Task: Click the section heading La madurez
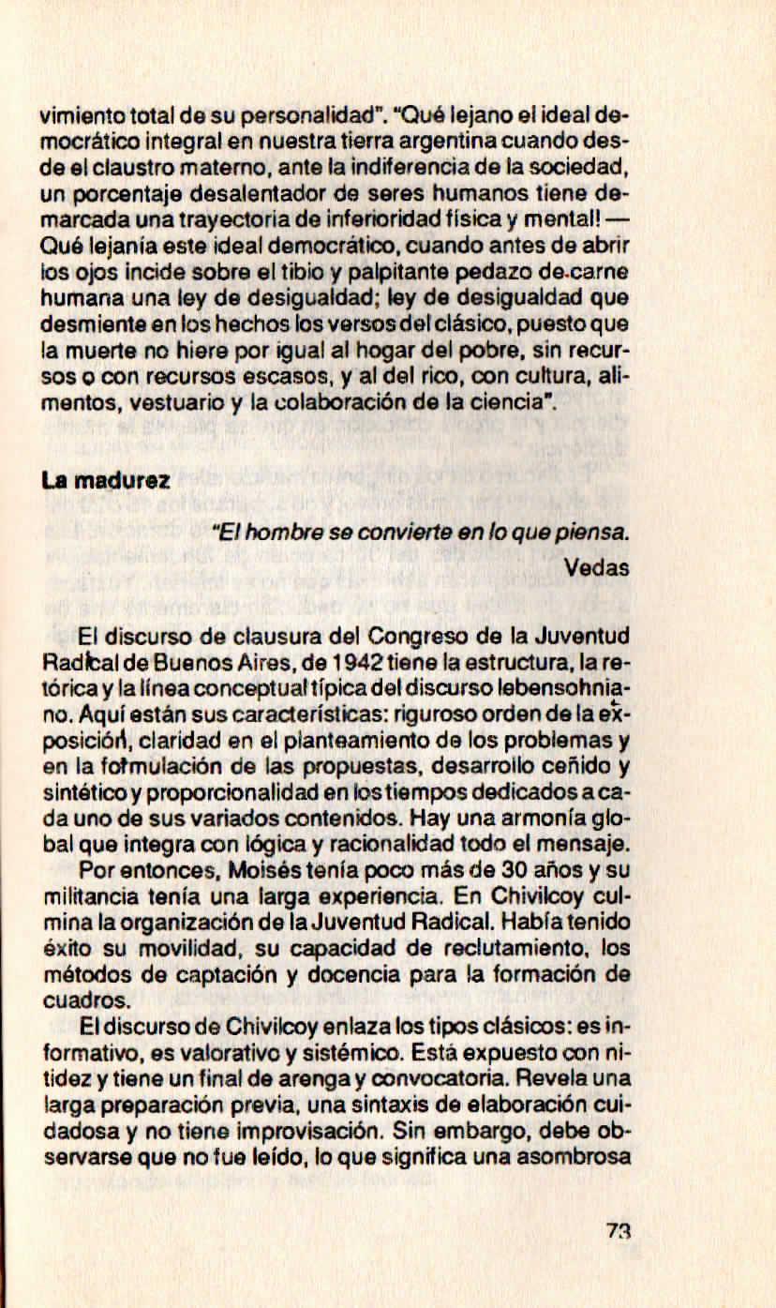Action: [105, 481]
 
